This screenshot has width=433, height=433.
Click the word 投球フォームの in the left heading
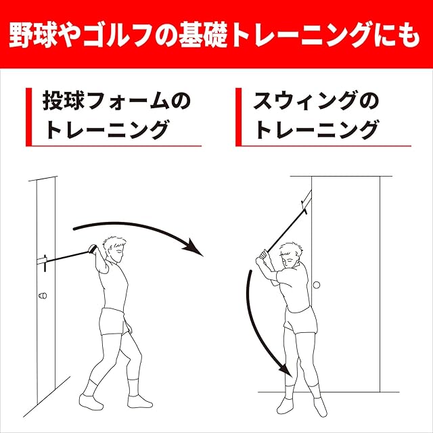coord(116,101)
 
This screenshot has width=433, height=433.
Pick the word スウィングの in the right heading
coord(317,101)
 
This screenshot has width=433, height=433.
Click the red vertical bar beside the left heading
coord(28,117)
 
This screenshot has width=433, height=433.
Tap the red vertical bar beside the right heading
coord(239,117)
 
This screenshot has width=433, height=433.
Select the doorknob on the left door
coord(43,296)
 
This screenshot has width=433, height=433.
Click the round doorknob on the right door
coord(317,285)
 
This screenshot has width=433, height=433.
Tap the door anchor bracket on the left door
coord(42,261)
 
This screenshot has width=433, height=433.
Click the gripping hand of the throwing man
coord(92,250)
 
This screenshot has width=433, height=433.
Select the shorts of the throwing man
coord(114,322)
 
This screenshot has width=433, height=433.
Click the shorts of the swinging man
coord(300,320)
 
